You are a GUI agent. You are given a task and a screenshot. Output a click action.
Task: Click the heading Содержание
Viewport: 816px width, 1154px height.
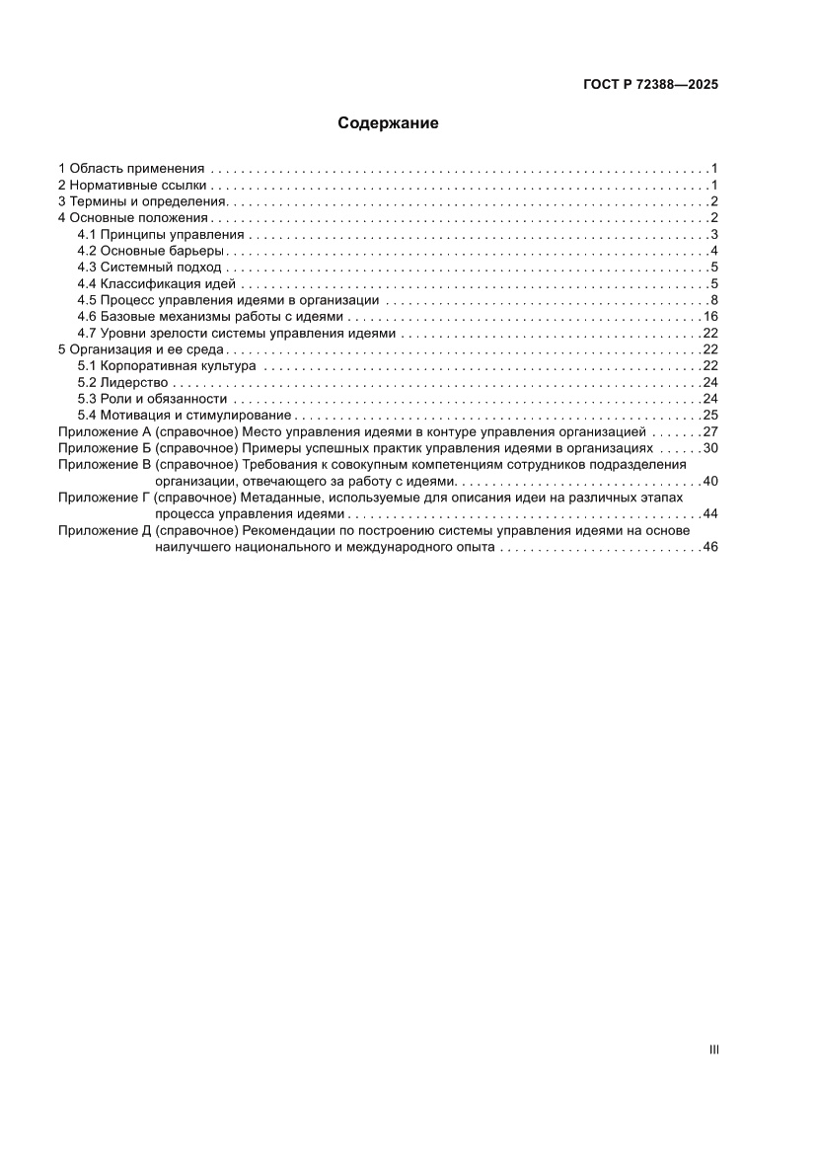tap(388, 123)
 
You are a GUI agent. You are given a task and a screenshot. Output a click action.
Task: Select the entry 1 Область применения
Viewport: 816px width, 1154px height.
tap(130, 169)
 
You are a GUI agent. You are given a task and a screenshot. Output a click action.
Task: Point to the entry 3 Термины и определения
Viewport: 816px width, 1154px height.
tap(142, 201)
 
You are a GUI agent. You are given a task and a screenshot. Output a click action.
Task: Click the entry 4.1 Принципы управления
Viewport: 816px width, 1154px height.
tap(160, 234)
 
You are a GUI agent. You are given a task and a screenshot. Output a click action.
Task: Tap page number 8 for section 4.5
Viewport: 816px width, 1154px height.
tap(712, 300)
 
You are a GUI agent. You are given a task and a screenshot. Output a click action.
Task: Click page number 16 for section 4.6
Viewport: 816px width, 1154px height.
tap(709, 317)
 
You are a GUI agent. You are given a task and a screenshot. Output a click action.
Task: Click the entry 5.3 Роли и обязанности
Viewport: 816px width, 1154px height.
tap(152, 399)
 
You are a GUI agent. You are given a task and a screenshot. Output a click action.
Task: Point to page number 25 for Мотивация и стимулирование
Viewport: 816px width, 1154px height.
tap(709, 416)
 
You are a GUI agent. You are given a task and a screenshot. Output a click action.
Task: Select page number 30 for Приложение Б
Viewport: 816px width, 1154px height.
tap(709, 448)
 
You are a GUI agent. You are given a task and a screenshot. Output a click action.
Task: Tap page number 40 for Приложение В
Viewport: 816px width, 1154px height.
tap(709, 481)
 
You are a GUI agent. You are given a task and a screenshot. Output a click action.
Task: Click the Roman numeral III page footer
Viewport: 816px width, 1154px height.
tap(713, 1050)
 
